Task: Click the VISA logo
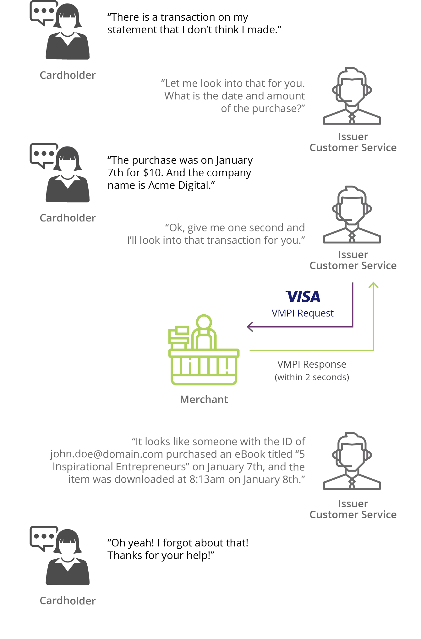[303, 296]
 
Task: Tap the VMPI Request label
[303, 313]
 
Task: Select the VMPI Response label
[312, 364]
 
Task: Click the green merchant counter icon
[204, 350]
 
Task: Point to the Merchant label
[204, 399]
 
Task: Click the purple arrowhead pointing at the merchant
[250, 327]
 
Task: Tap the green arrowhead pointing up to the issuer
[373, 285]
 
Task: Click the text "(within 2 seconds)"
[312, 377]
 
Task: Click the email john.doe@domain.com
[107, 454]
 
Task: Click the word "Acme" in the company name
[161, 185]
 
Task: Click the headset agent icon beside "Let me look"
[352, 96]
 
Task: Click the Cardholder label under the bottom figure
[68, 601]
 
